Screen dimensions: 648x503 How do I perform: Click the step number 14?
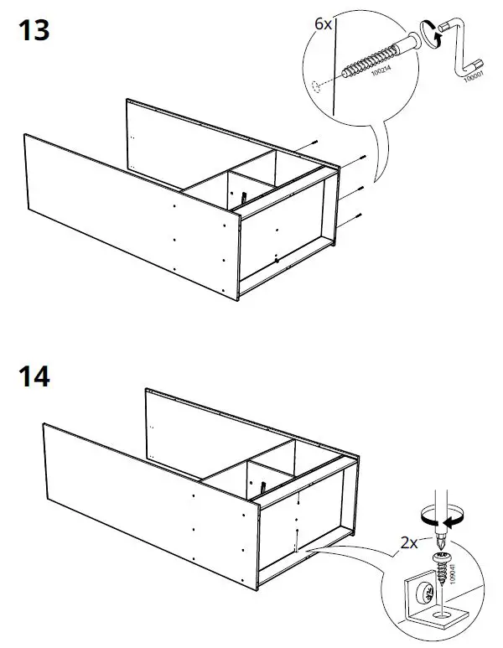33,376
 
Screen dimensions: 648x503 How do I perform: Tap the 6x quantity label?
324,23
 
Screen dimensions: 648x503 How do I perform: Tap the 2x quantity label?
409,542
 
